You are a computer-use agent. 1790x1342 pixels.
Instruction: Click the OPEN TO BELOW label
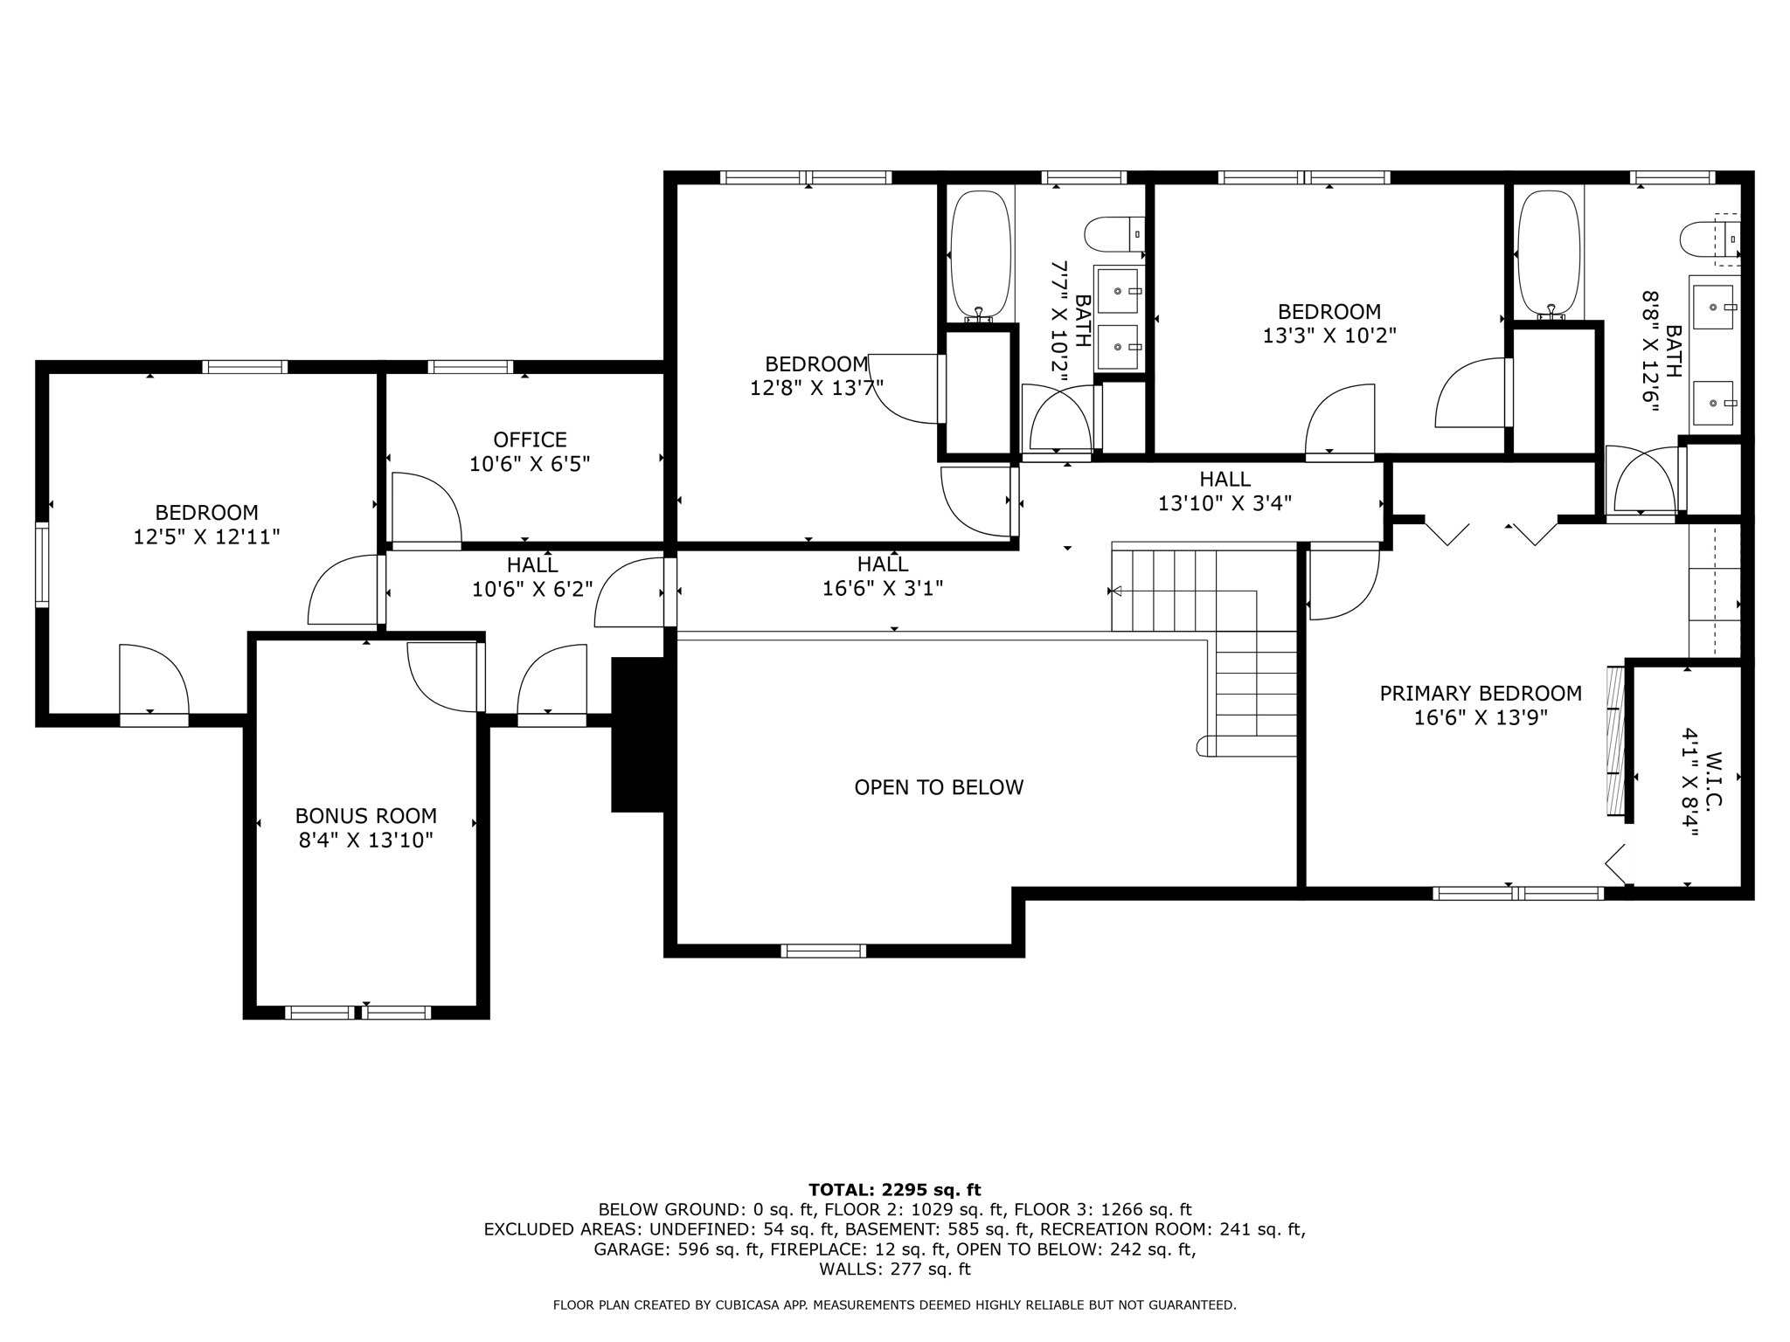pyautogui.click(x=939, y=787)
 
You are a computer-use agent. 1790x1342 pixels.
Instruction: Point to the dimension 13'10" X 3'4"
pyautogui.click(x=1225, y=503)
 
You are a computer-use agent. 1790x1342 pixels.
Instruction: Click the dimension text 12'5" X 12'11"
pyautogui.click(x=206, y=536)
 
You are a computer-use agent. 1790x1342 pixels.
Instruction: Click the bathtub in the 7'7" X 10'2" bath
pyautogui.click(x=981, y=255)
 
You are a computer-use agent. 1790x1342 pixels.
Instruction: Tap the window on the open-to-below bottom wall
pyautogui.click(x=823, y=951)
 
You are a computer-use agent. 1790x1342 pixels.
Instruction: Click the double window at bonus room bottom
pyautogui.click(x=358, y=1013)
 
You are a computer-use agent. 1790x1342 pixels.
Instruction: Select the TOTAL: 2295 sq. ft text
pyautogui.click(x=894, y=1190)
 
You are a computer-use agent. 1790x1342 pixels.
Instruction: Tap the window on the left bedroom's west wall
pyautogui.click(x=42, y=564)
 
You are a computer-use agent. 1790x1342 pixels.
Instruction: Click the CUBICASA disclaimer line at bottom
pyautogui.click(x=894, y=1305)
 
